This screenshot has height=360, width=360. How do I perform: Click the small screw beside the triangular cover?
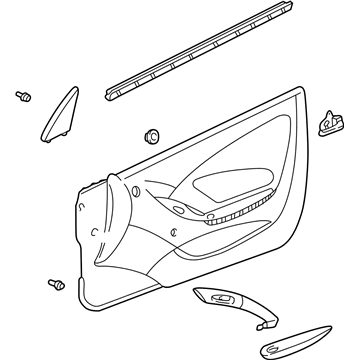click(x=20, y=96)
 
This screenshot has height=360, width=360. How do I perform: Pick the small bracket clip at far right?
click(x=326, y=121)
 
